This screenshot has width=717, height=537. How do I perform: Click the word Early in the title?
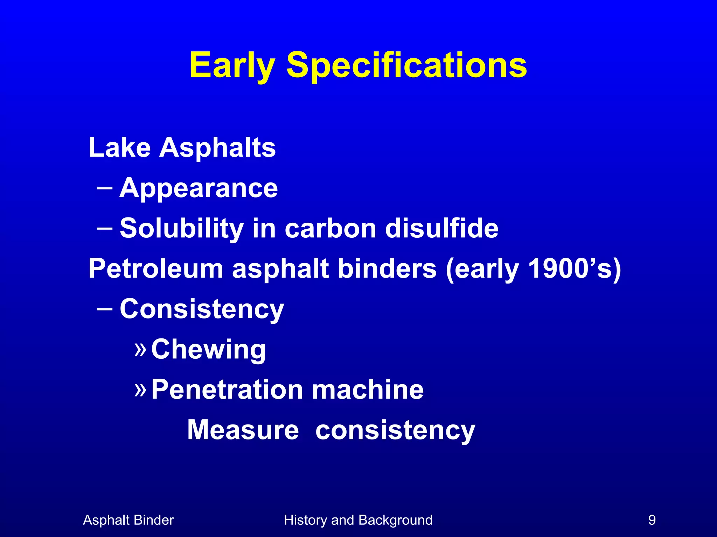click(x=232, y=65)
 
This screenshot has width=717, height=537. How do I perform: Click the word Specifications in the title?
click(x=406, y=65)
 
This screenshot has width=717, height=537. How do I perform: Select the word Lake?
click(x=119, y=148)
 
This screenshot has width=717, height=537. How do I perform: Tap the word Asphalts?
click(x=217, y=148)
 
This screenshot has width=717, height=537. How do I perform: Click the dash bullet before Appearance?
click(x=104, y=188)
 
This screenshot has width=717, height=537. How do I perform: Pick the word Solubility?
click(x=182, y=228)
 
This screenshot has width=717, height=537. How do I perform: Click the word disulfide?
click(x=441, y=228)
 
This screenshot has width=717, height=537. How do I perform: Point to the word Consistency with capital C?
click(x=202, y=309)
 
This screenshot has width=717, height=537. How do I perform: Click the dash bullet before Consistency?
click(x=104, y=309)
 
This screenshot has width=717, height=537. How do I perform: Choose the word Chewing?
click(x=208, y=349)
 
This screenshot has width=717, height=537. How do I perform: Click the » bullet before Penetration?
click(x=140, y=389)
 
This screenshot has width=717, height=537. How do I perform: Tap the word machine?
click(x=368, y=390)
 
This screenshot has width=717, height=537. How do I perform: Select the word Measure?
click(x=243, y=430)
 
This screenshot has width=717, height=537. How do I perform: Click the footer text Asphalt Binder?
click(x=128, y=520)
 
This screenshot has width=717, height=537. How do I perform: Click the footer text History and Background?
click(x=358, y=520)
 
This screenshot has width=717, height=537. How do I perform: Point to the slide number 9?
click(x=652, y=520)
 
